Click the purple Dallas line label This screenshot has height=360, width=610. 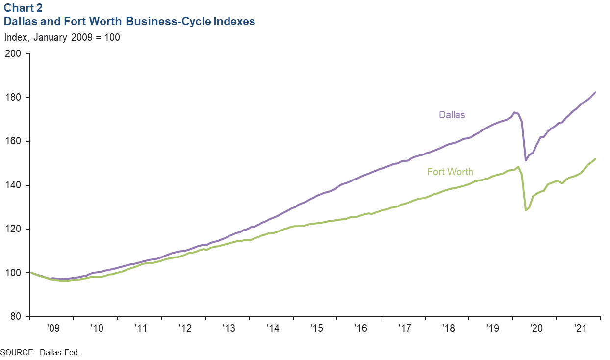452,115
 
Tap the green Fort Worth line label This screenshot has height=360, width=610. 450,172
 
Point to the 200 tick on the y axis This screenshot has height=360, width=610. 16,53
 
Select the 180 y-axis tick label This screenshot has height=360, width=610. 16,98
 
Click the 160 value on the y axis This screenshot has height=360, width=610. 16,141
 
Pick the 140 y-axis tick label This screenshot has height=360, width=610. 16,185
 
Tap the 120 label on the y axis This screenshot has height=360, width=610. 16,229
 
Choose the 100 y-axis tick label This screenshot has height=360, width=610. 16,273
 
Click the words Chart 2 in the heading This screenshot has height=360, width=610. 23,8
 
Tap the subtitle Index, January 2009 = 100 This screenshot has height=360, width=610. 62,37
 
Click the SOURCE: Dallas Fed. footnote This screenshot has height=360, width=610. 40,352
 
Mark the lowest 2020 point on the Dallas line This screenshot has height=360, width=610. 526,160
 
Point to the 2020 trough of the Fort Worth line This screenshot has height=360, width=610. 526,210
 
